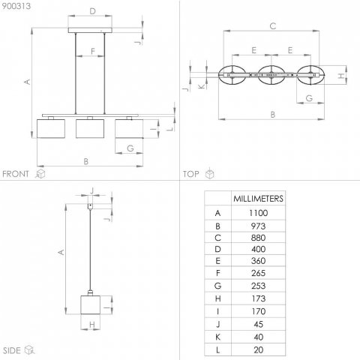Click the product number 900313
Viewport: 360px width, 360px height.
point(16,6)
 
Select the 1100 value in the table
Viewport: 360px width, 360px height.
point(258,213)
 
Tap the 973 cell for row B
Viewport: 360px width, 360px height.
point(258,226)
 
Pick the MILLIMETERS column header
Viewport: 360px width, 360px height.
point(258,199)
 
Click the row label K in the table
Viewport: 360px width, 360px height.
point(217,337)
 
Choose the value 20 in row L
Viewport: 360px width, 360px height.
point(259,350)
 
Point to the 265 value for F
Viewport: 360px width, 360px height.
point(258,273)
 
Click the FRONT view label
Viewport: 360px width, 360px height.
point(16,174)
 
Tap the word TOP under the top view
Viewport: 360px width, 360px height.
point(191,174)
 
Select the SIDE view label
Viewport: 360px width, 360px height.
point(11,350)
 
